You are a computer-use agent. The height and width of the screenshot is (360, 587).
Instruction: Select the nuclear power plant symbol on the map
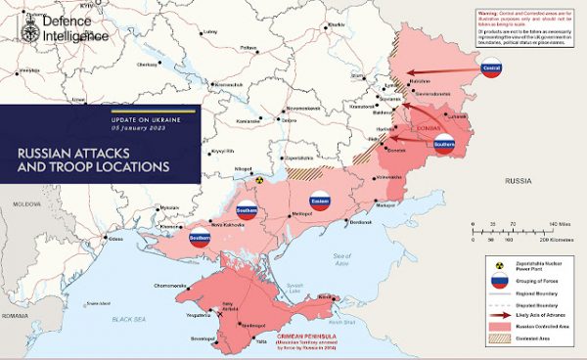pyautogui.click(x=260, y=181)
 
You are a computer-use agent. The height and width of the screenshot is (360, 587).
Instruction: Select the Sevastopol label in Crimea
pyautogui.click(x=203, y=337)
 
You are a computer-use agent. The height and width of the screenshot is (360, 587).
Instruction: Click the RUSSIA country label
pyautogui.click(x=518, y=182)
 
